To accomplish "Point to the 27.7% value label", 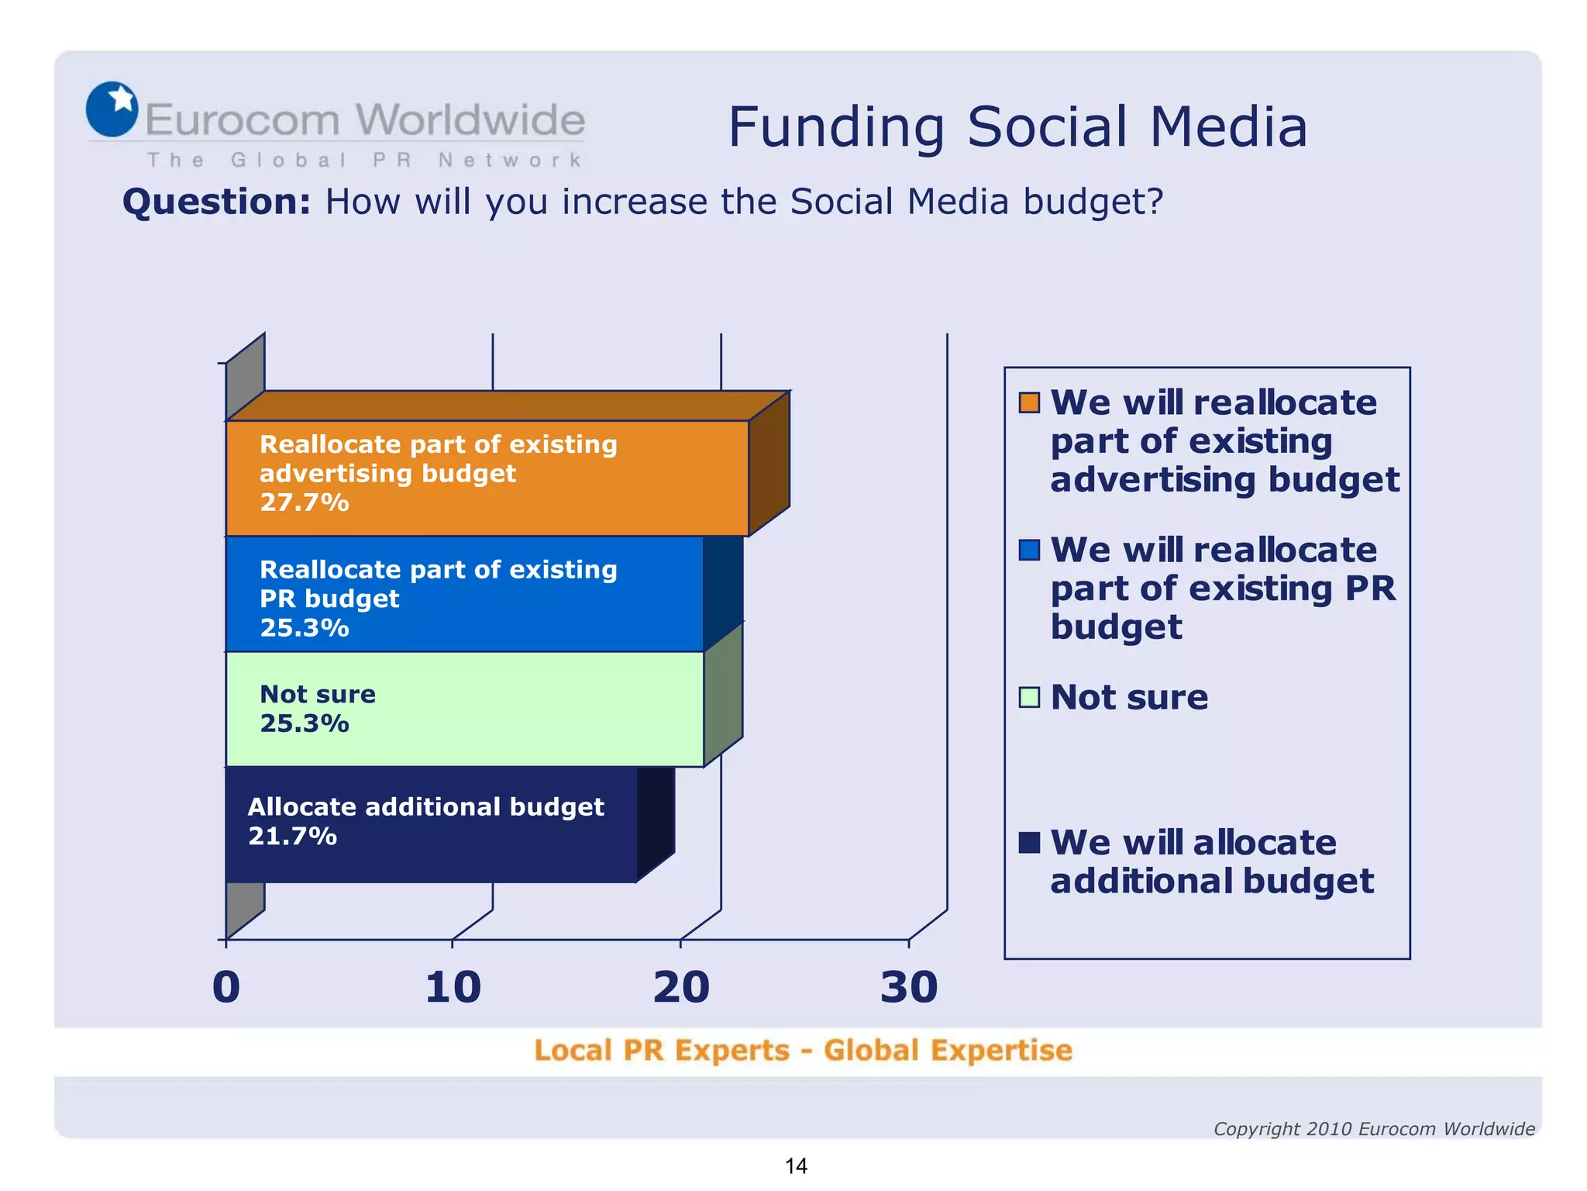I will tap(305, 502).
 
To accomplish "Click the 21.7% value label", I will tap(292, 836).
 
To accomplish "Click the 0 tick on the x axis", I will tap(226, 987).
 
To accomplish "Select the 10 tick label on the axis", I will tap(453, 987).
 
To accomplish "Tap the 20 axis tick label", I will tap(681, 987).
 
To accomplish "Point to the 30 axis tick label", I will tap(909, 987).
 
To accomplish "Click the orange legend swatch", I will tap(1029, 402).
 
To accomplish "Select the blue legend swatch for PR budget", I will tap(1029, 550).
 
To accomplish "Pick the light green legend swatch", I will tap(1029, 697).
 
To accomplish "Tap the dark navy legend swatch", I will tap(1029, 842).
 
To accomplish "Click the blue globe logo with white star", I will tap(112, 109).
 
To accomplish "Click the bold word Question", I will tap(216, 202).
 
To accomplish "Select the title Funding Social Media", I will tap(1017, 126).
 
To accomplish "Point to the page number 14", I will tap(796, 1165).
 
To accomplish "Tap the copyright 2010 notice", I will tap(1373, 1129).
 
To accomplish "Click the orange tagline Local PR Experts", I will tap(803, 1050).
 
